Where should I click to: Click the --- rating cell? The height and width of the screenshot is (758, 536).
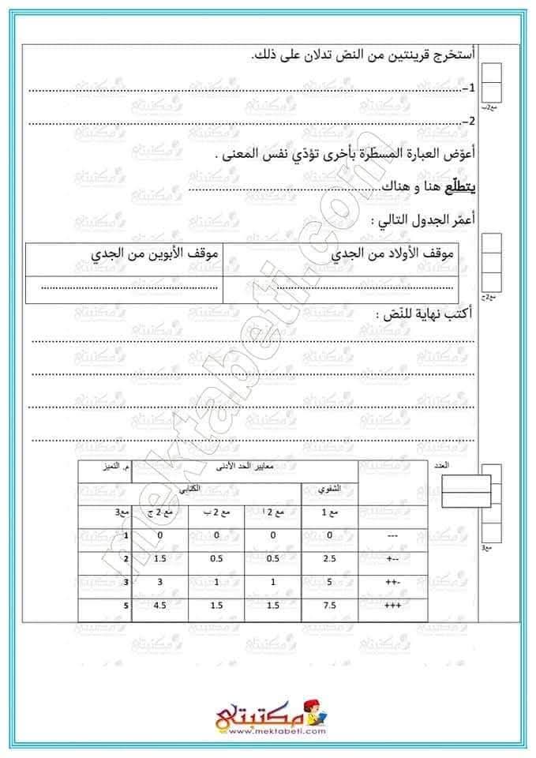pos(393,535)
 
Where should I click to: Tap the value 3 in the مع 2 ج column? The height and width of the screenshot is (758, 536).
pos(160,584)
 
